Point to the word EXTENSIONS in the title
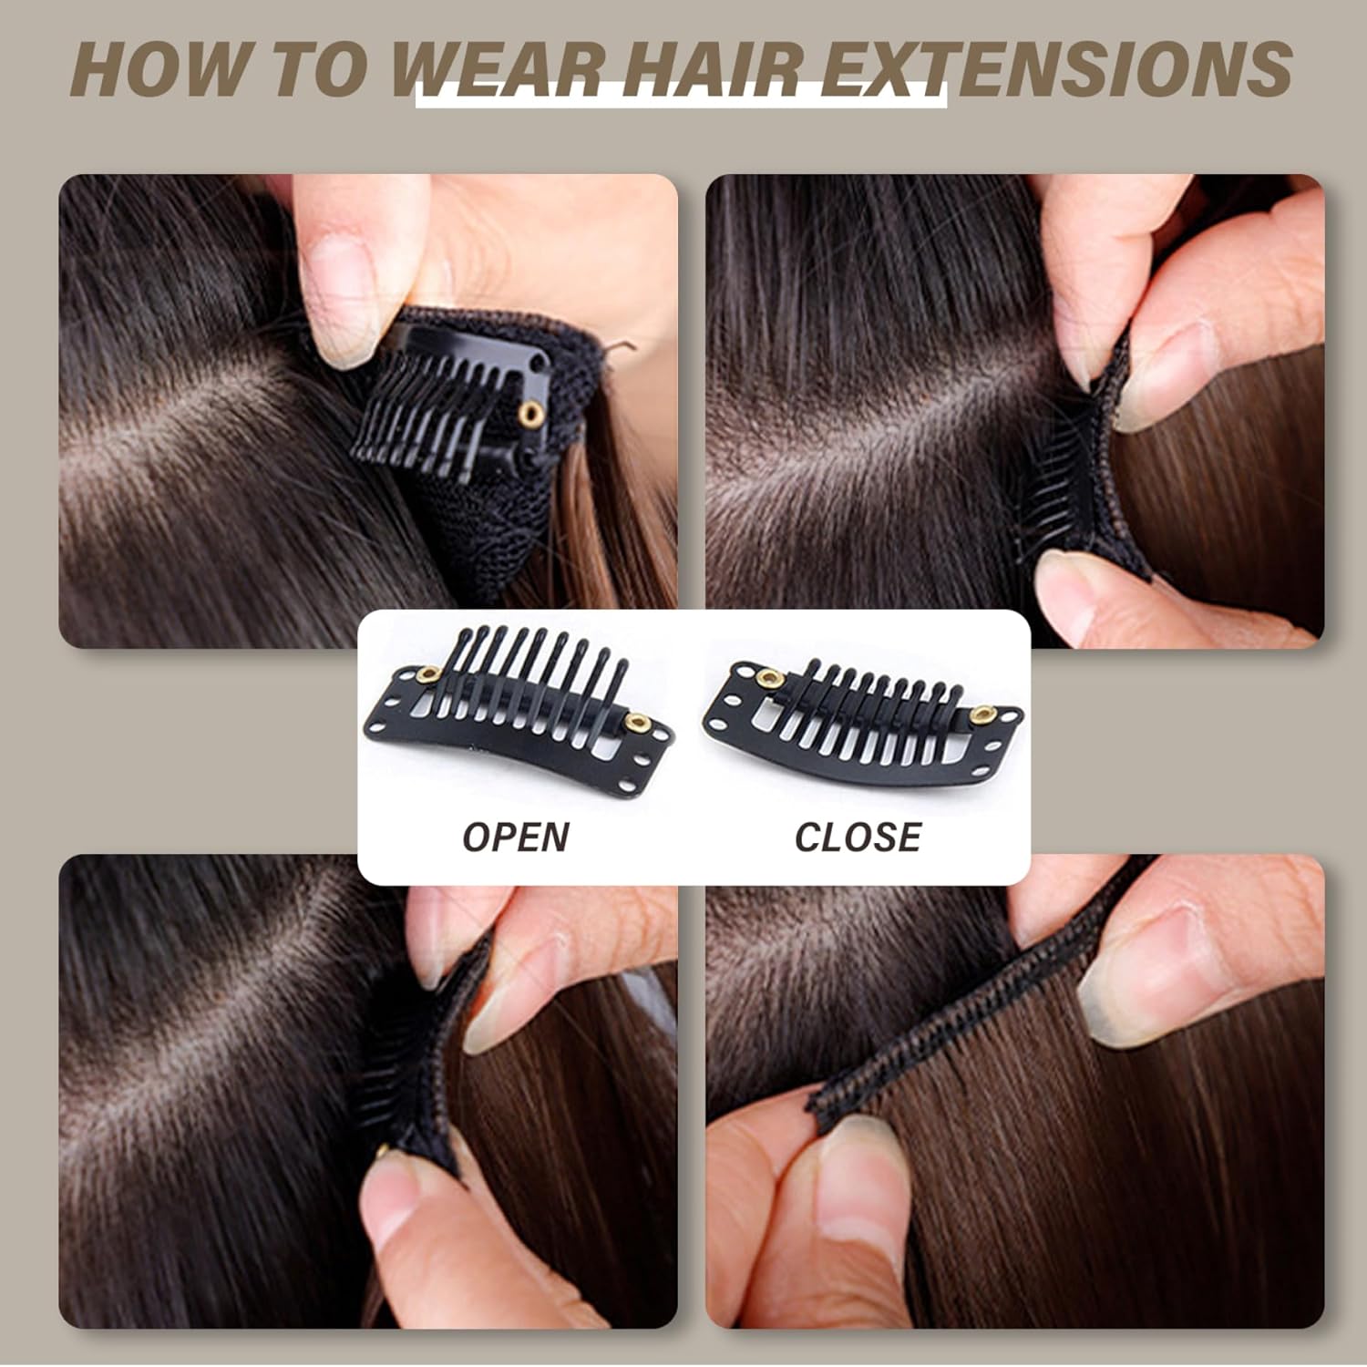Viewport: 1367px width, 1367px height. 1056,67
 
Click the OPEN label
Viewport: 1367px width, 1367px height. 516,837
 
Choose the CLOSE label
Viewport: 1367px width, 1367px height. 858,837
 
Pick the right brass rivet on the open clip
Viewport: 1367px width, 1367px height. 637,724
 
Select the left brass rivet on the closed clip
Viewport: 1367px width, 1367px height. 771,678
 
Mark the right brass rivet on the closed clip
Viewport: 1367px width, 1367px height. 982,714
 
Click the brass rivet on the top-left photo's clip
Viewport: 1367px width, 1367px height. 529,416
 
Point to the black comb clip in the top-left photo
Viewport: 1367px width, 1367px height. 451,394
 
